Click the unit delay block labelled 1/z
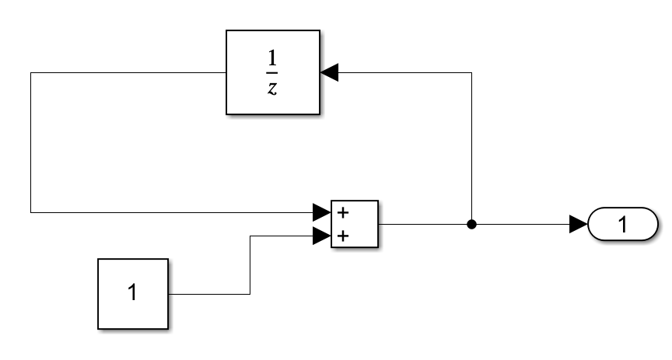(273, 72)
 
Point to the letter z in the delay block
(272, 87)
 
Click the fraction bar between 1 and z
(272, 74)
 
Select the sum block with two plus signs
(355, 224)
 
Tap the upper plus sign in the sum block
(343, 212)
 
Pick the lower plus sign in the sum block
(343, 236)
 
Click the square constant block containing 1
(132, 294)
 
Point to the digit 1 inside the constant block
(132, 294)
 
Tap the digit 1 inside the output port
(622, 225)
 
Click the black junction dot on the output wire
(471, 225)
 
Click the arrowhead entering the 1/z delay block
(329, 72)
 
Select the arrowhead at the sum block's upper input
(321, 211)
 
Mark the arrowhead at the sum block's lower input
(321, 236)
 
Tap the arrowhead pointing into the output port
(578, 225)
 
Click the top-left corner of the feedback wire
(30, 72)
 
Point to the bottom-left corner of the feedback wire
(30, 211)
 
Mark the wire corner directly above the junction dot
(471, 72)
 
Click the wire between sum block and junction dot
(424, 225)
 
